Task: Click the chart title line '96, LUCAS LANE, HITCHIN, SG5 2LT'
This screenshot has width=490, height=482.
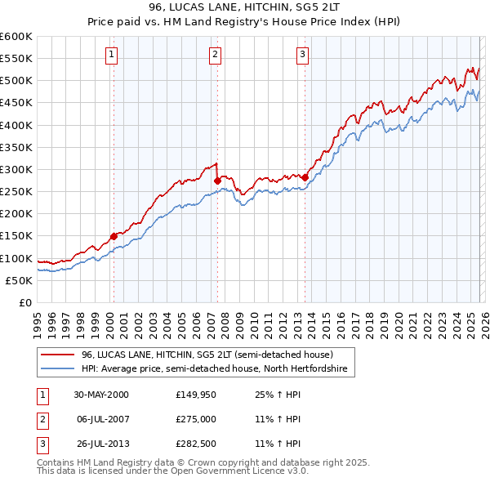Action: (x=244, y=7)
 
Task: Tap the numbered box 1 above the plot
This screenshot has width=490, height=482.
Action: (x=111, y=55)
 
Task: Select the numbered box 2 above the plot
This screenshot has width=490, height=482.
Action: (x=215, y=55)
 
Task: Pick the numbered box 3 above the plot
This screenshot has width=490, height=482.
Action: (x=302, y=55)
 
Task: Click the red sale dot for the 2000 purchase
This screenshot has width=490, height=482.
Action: (x=114, y=236)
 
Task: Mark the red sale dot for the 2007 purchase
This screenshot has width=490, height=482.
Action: (x=217, y=181)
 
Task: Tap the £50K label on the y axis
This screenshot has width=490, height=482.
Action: (x=20, y=280)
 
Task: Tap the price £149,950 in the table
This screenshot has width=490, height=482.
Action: (x=194, y=395)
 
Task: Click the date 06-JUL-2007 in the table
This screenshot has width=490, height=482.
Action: (x=101, y=419)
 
